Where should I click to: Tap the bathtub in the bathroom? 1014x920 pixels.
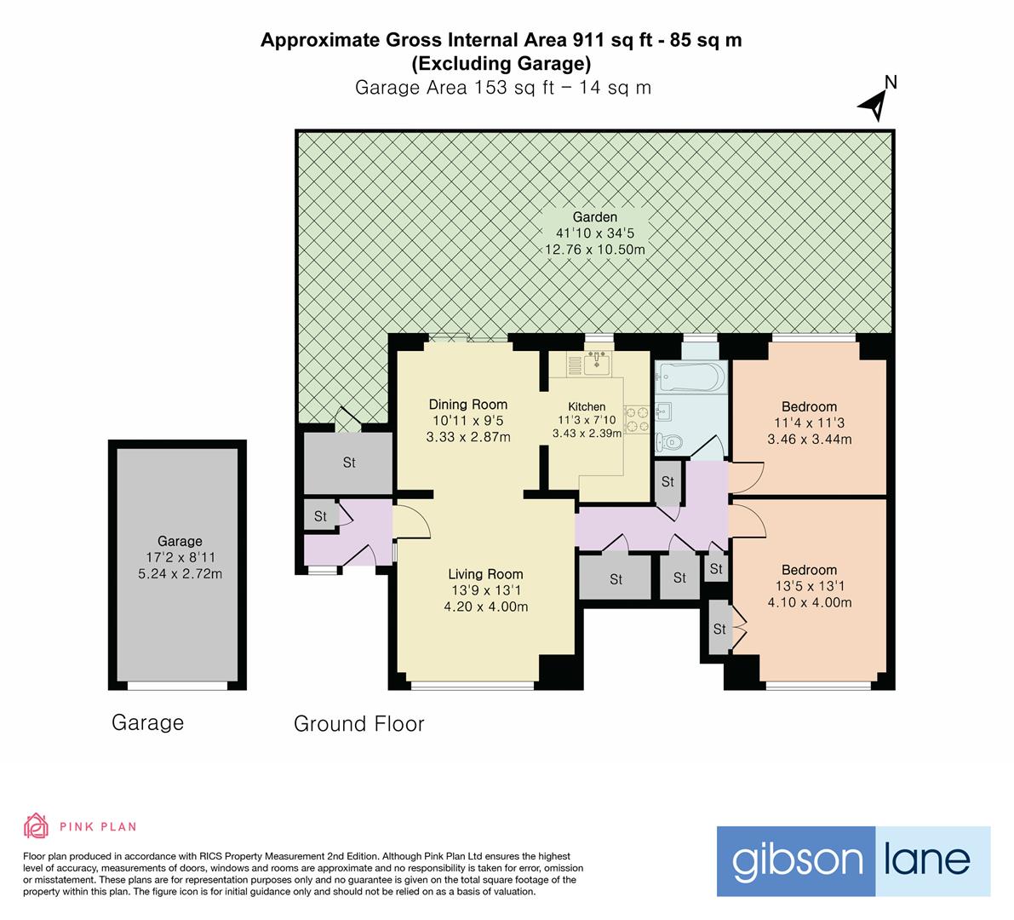click(691, 377)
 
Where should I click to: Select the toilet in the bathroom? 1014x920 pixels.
click(668, 442)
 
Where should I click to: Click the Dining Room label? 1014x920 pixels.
click(468, 405)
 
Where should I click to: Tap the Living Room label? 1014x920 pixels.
click(485, 574)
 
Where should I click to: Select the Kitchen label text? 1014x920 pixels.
click(587, 406)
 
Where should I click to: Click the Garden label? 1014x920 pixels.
click(595, 216)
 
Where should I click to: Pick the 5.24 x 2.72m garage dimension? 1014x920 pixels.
click(180, 573)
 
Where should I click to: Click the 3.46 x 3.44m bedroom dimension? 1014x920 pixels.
click(809, 439)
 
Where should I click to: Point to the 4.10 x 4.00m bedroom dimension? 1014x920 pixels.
click(809, 602)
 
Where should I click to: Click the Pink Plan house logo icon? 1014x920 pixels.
click(36, 825)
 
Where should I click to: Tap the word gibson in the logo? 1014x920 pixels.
click(797, 860)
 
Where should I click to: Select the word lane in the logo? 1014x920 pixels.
click(926, 859)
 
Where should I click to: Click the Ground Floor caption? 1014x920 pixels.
click(359, 723)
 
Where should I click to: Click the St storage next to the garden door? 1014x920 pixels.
click(348, 462)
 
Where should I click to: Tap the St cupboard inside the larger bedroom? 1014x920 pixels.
click(719, 628)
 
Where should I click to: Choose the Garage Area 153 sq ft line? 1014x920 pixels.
click(503, 88)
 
